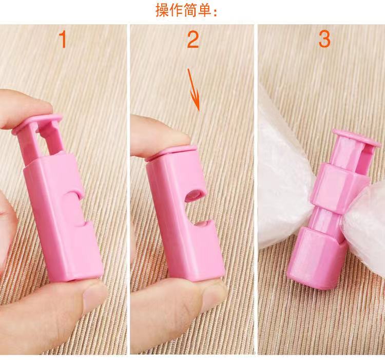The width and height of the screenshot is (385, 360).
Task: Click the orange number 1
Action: [x=63, y=40]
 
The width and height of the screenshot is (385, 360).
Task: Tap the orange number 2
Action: [x=192, y=40]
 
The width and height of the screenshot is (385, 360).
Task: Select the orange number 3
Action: [x=324, y=40]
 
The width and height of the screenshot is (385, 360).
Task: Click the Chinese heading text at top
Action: [x=187, y=10]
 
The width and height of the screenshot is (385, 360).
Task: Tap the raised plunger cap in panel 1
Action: [x=44, y=122]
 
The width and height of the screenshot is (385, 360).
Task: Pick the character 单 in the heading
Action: [x=206, y=10]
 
